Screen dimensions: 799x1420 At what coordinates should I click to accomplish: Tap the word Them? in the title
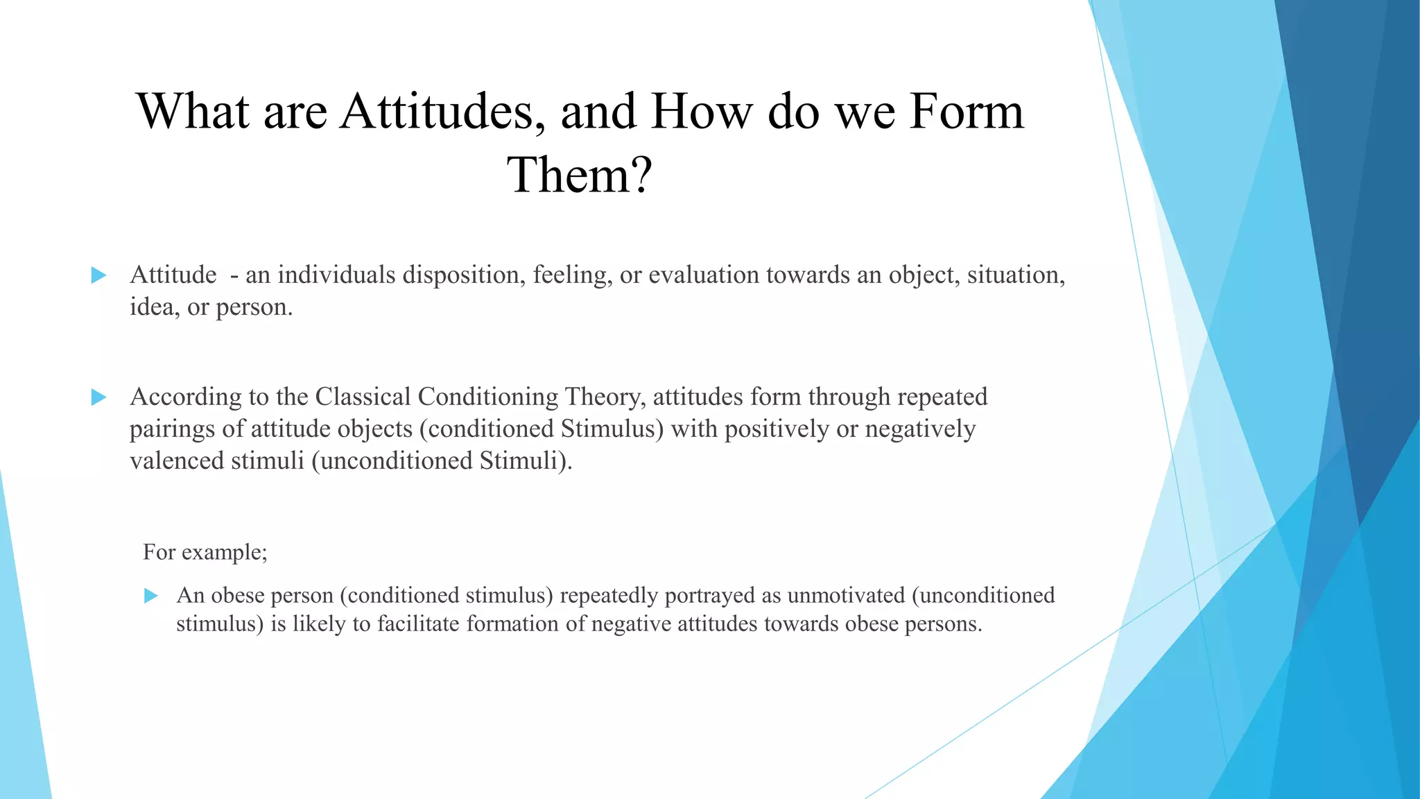[580, 175]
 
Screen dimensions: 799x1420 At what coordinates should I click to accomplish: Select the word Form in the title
[967, 112]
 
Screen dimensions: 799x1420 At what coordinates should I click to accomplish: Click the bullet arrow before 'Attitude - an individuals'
[98, 275]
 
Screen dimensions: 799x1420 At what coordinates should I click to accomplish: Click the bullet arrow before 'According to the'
[98, 397]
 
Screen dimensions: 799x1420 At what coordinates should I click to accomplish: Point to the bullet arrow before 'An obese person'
[151, 596]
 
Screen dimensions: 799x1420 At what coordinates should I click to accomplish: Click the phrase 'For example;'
[205, 552]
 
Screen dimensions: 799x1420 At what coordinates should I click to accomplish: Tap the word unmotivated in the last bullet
[846, 595]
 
